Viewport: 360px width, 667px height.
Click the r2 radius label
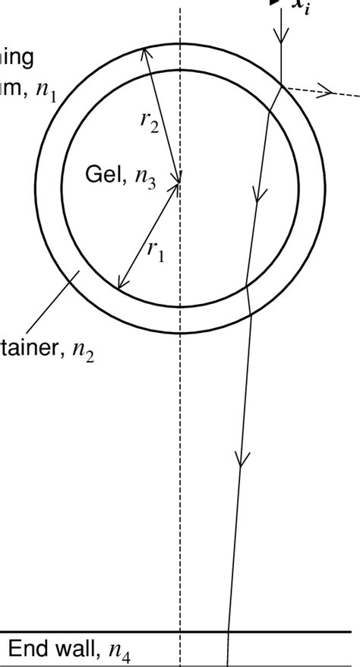pyautogui.click(x=150, y=123)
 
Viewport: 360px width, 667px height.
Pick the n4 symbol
pyautogui.click(x=119, y=651)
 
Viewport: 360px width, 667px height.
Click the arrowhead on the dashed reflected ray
pyautogui.click(x=327, y=92)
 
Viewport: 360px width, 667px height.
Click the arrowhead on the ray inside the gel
pyautogui.click(x=260, y=197)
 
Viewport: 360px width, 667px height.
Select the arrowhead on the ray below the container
pyautogui.click(x=241, y=460)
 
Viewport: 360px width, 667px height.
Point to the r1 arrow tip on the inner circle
pyautogui.click(x=119, y=286)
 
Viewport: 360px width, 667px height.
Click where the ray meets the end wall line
pyautogui.click(x=228, y=632)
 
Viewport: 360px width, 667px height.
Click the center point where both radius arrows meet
pyautogui.click(x=180, y=182)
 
